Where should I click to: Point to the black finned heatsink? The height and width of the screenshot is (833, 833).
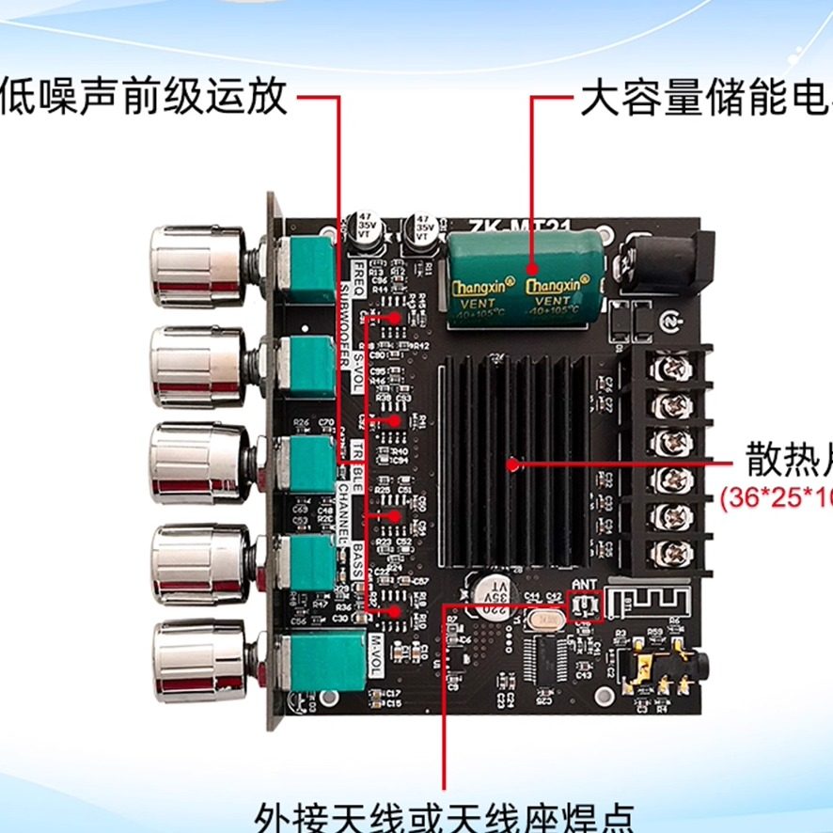[512, 464]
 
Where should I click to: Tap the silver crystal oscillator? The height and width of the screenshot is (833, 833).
[544, 621]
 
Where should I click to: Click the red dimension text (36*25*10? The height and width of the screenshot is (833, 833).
[776, 497]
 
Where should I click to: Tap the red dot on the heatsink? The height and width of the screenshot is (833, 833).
[512, 464]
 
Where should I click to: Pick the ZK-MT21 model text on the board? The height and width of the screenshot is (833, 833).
[506, 225]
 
